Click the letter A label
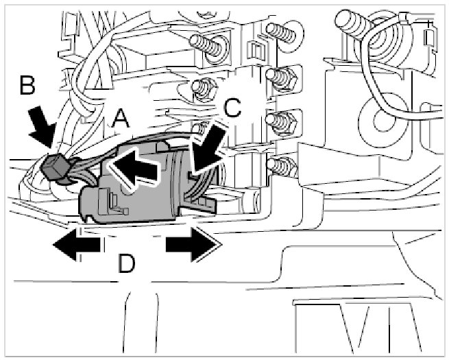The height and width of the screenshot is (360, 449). [x=120, y=120]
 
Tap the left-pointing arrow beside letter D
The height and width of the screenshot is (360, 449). [x=75, y=245]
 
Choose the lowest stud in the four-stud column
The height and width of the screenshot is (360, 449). [x=278, y=165]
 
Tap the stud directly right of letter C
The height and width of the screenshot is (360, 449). [x=280, y=122]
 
